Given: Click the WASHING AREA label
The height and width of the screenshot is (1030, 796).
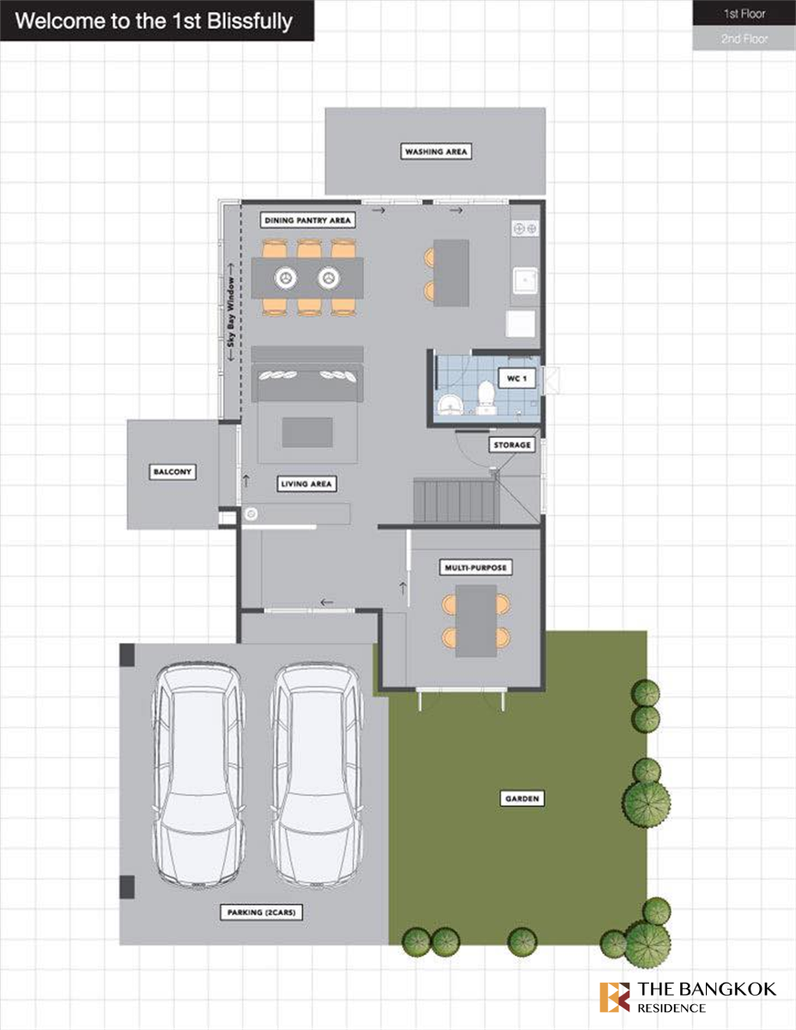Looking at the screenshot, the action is point(435,152).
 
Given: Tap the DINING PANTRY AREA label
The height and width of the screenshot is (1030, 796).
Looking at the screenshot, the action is point(307,220).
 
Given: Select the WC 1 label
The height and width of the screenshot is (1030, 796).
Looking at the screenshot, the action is point(517,379).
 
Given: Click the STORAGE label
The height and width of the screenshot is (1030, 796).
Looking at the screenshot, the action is point(512,445).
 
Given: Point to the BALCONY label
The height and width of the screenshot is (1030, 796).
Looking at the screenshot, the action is point(173,471).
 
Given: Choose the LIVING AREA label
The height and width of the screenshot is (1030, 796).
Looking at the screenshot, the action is point(307,484).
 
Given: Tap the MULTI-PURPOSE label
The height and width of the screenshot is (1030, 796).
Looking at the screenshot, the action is point(476,567).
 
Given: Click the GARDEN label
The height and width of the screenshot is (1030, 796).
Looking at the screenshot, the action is point(522,798).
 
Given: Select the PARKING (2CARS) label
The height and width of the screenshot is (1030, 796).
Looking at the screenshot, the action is point(261,912).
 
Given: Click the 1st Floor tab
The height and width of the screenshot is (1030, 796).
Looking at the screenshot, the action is point(744,13).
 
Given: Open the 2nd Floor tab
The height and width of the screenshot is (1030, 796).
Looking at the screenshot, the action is point(744,39).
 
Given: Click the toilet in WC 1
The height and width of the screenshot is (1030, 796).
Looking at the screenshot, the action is point(486,397).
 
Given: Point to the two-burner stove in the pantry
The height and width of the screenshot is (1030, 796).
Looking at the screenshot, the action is point(526,228).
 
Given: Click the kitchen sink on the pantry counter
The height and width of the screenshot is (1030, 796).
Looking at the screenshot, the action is point(526,280).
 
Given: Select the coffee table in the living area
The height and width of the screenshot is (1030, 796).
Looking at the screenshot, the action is point(307,433).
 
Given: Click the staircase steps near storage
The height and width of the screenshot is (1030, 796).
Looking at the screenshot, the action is point(456,501).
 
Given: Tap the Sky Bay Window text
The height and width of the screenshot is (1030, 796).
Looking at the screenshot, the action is point(231,312).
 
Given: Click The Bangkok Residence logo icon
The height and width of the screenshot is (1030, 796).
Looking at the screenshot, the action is point(615,997).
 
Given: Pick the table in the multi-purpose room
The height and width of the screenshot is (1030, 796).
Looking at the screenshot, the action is point(476,621).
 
